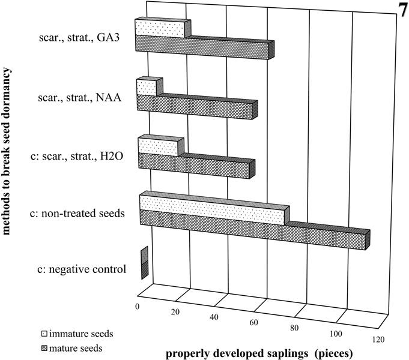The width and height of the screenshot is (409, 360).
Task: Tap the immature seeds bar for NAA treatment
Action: [147, 88]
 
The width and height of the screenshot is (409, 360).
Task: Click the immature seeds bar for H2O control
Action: [158, 147]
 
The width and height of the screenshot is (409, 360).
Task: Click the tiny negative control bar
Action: [144, 264]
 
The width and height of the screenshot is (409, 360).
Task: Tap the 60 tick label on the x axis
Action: [253, 323]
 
